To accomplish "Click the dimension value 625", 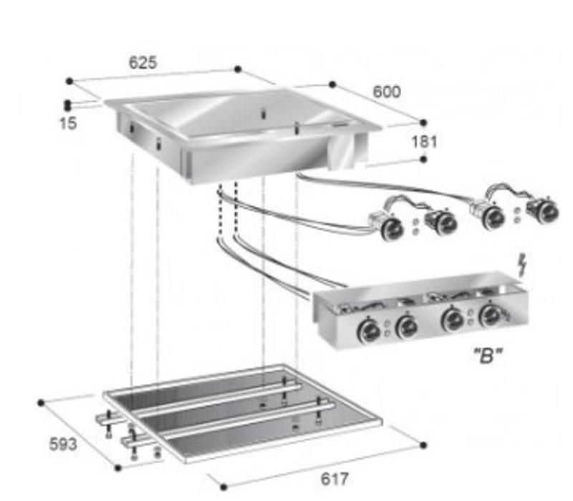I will (x=143, y=62).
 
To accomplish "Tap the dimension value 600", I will (x=387, y=92).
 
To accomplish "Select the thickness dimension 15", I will (x=68, y=123).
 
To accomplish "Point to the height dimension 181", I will (x=424, y=141).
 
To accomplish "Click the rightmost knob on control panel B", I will (x=491, y=316).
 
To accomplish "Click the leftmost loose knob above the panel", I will (x=392, y=228).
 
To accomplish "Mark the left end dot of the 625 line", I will (x=69, y=81).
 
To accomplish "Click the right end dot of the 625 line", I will (x=238, y=69).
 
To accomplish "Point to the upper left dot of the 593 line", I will (x=42, y=402).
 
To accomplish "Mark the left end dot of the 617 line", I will (x=223, y=486).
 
